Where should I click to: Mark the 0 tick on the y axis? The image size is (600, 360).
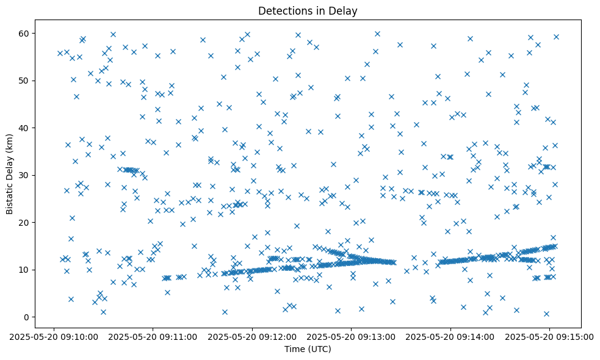27,317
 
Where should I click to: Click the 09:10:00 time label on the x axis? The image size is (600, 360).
54,336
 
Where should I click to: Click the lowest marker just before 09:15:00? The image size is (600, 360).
546,314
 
